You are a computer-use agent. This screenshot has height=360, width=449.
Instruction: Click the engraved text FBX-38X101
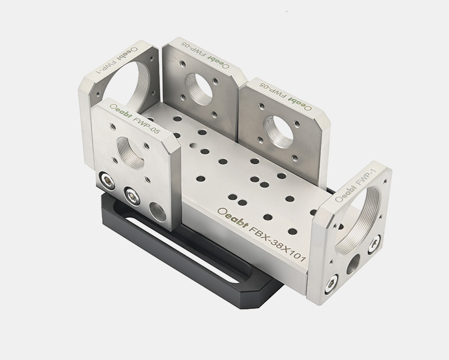pyautogui.click(x=278, y=244)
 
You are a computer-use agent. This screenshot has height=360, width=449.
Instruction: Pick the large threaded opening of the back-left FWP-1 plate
pyautogui.click(x=123, y=86)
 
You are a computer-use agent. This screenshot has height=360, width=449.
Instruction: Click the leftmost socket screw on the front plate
pyautogui.click(x=106, y=181)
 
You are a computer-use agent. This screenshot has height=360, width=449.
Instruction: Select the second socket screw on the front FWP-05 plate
pyautogui.click(x=132, y=196)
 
